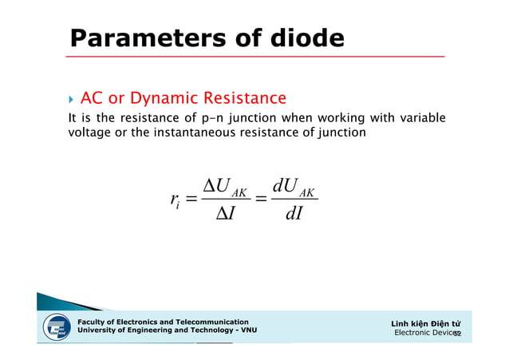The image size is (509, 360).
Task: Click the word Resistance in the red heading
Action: click(244, 99)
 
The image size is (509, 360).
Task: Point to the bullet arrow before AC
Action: click(72, 100)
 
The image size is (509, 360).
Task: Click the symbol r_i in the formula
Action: click(175, 204)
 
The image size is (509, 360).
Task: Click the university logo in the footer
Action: click(55, 327)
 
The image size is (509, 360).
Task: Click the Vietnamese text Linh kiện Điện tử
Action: click(426, 322)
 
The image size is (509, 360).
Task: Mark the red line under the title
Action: click(255, 57)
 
